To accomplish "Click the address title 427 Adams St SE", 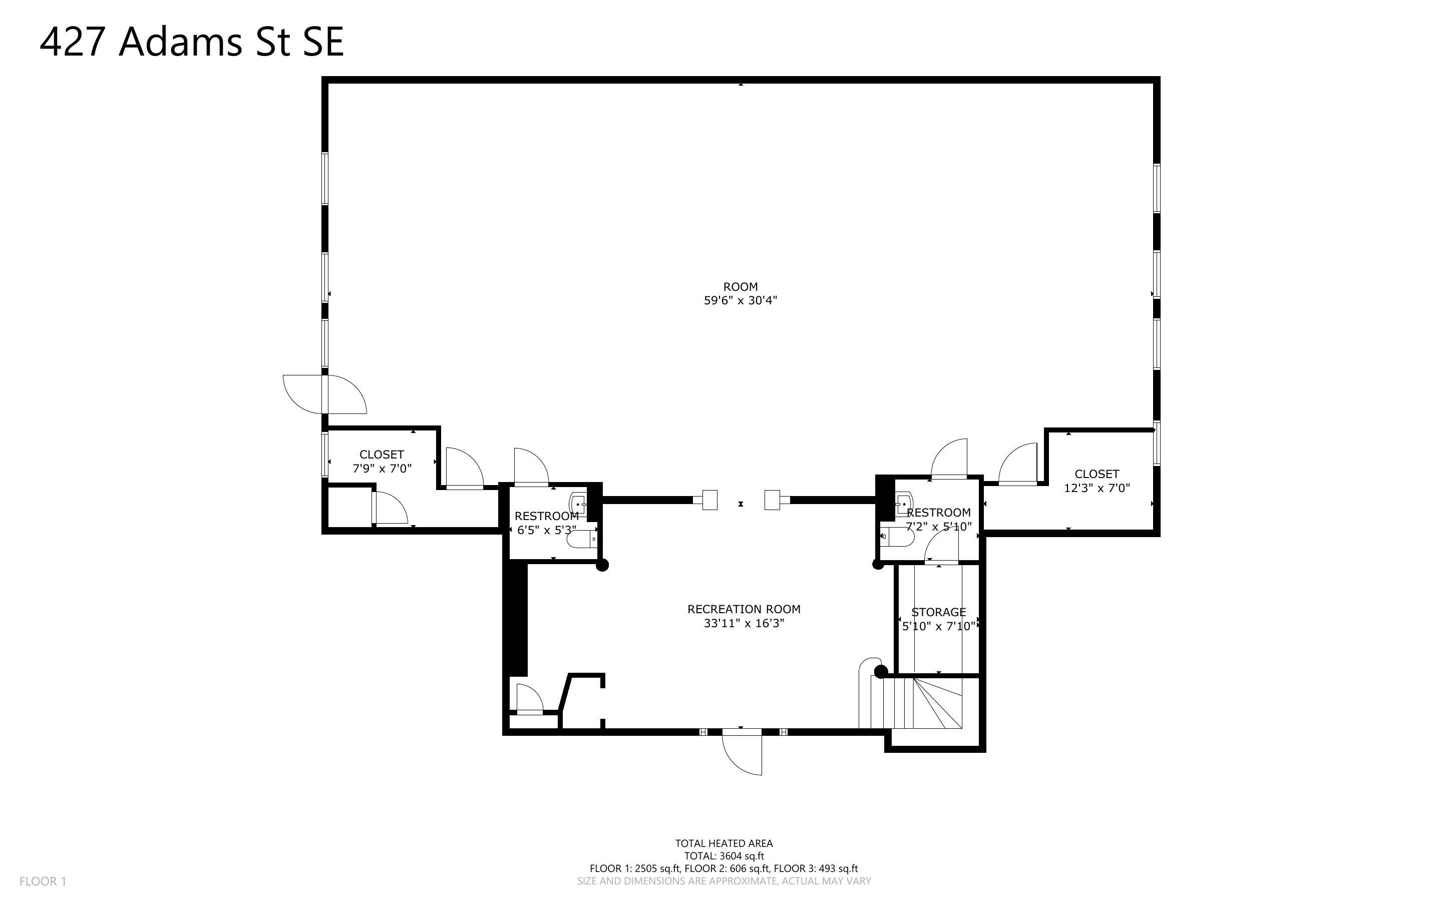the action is (x=192, y=42).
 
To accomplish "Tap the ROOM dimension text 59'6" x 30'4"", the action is (x=741, y=300).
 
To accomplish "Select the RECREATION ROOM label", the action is (x=744, y=609).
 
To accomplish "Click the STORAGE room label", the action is (x=938, y=612).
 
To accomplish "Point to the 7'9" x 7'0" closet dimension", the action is (x=382, y=469).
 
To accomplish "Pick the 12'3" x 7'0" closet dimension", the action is (x=1097, y=488).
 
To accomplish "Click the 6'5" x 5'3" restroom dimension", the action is (x=546, y=530).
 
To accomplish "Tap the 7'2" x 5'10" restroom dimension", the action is (x=938, y=527).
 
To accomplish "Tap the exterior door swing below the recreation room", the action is (x=742, y=752).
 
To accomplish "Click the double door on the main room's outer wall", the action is (x=324, y=394).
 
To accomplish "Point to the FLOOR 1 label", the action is (x=43, y=881).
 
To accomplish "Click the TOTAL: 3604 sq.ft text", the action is (x=724, y=856).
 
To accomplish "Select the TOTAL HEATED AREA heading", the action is (x=724, y=843).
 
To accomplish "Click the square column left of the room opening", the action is (x=709, y=500).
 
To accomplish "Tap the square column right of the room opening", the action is (x=773, y=500).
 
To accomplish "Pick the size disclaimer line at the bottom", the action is (x=724, y=881).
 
